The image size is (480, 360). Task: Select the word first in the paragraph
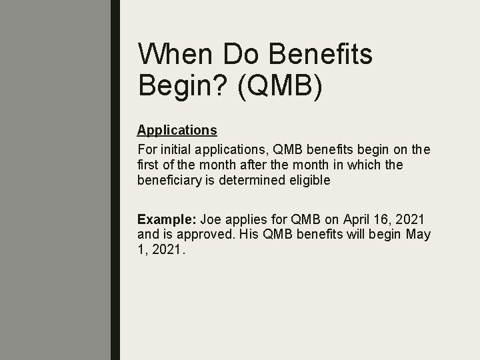pos(147,164)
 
